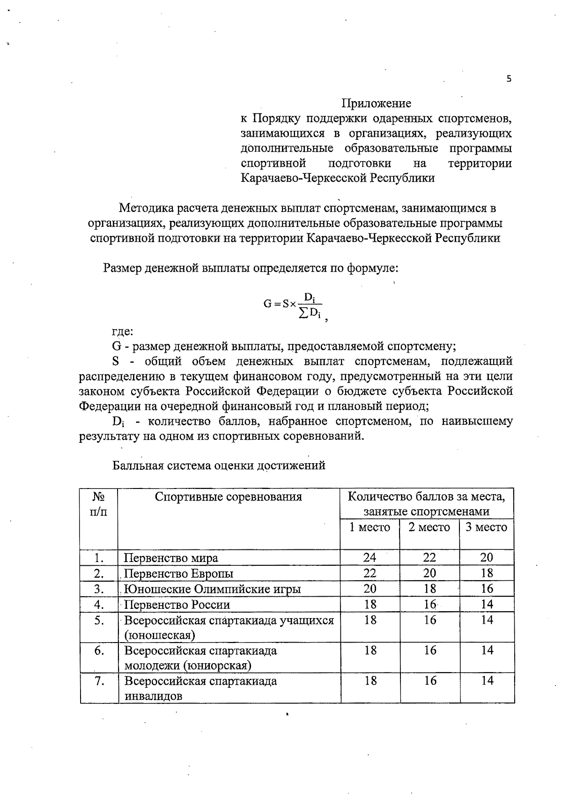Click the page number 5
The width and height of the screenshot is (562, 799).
pyautogui.click(x=509, y=79)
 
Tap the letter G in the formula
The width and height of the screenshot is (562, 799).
pyautogui.click(x=267, y=303)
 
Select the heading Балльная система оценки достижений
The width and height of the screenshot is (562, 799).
pyautogui.click(x=219, y=466)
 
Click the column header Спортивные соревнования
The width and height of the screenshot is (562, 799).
pyautogui.click(x=229, y=497)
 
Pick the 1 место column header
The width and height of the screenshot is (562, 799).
pyautogui.click(x=370, y=527)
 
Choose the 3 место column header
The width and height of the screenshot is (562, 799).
pyautogui.click(x=487, y=527)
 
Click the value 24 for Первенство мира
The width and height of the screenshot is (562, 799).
pyautogui.click(x=370, y=557)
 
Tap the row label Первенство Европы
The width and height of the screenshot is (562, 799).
pyautogui.click(x=179, y=574)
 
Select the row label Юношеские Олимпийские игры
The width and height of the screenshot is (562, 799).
pyautogui.click(x=212, y=589)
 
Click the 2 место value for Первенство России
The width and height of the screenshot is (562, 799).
pyautogui.click(x=429, y=605)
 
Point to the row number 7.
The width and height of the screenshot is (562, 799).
pyautogui.click(x=99, y=681)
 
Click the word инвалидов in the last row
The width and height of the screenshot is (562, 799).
pyautogui.click(x=153, y=696)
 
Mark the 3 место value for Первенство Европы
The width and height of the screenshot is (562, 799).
pyautogui.click(x=487, y=573)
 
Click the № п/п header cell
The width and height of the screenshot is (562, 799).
pyautogui.click(x=99, y=503)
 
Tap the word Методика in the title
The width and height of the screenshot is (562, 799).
pyautogui.click(x=144, y=207)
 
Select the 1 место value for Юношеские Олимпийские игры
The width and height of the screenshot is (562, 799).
pyautogui.click(x=370, y=589)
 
